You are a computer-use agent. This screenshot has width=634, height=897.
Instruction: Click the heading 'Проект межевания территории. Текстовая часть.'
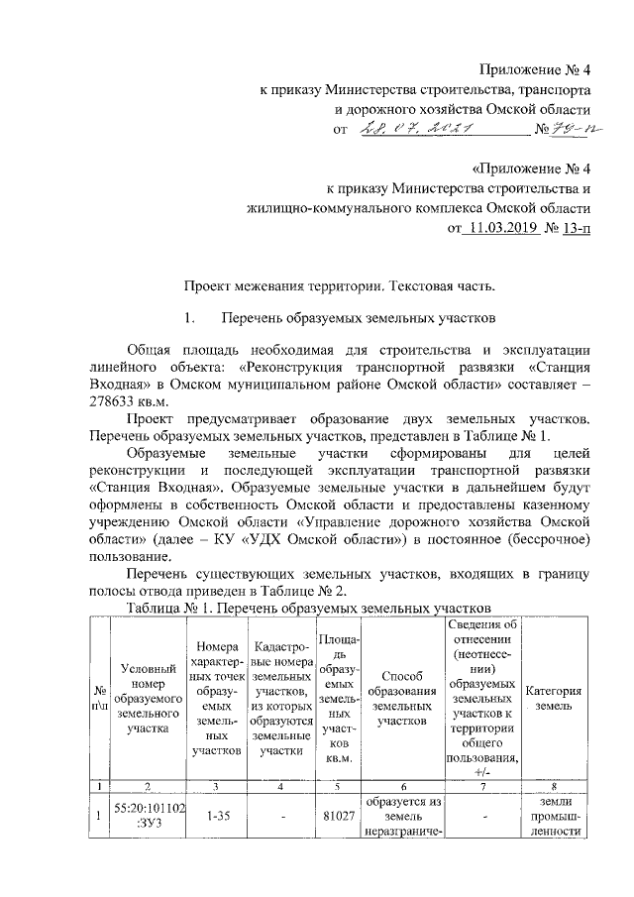[340, 286]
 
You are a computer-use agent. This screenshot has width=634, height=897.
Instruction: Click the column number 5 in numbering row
[338, 785]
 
